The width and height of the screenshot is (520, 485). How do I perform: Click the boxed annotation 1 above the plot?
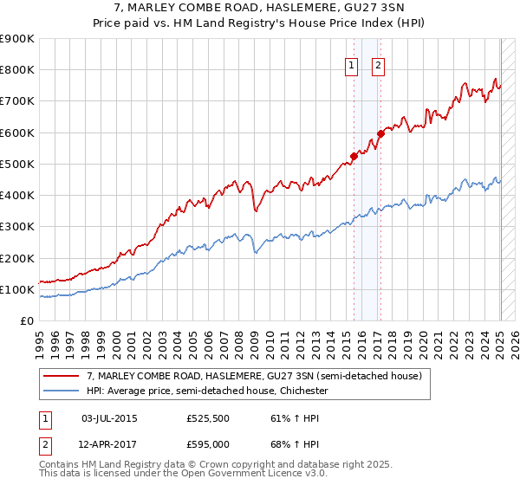(x=352, y=64)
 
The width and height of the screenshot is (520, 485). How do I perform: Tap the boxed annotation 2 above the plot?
(x=379, y=64)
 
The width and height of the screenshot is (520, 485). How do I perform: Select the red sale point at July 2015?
(x=354, y=156)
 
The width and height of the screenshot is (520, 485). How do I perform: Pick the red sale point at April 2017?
(x=380, y=133)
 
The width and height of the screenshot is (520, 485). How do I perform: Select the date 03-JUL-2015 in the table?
(x=109, y=418)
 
